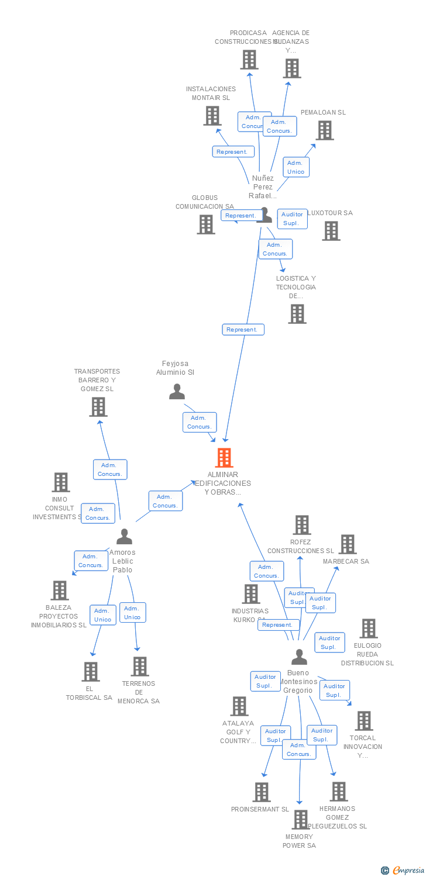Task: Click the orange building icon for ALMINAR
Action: pos(224,458)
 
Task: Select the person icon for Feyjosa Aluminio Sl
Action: pos(177,392)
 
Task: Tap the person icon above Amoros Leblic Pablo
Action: pos(124,536)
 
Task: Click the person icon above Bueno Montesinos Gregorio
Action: pos(299,657)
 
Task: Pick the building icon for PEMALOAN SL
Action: pos(325,130)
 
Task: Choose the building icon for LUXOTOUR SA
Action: pos(331,231)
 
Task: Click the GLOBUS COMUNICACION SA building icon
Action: pos(205,225)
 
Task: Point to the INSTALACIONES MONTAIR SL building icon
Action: pos(212,116)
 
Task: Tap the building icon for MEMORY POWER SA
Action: pos(300,820)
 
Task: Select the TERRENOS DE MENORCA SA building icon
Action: pos(139,667)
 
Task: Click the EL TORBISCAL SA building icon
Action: pos(90,672)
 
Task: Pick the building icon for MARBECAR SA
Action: pos(348,544)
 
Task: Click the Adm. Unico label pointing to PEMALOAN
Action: pos(296,167)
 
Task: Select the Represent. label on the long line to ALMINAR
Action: pos(243,330)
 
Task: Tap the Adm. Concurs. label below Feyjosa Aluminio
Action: pos(200,422)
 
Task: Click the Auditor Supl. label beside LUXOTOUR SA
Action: pos(292,219)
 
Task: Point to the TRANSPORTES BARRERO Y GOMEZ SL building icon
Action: pos(98,407)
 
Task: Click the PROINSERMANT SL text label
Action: pos(260,809)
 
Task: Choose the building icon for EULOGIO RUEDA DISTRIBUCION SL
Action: pos(368,629)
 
